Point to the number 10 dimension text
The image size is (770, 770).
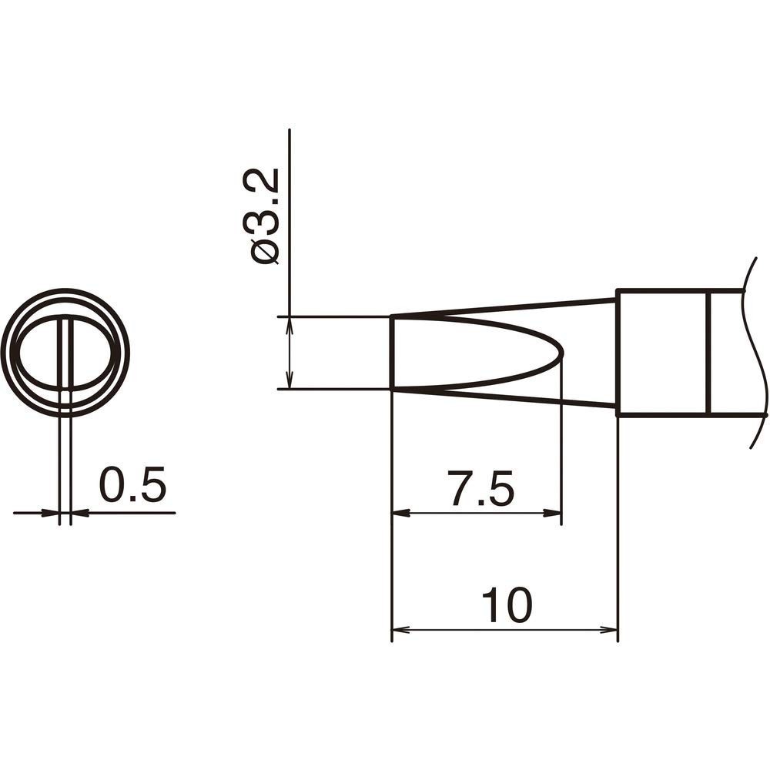pyautogui.click(x=506, y=606)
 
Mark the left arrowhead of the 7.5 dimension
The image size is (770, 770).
pyautogui.click(x=400, y=513)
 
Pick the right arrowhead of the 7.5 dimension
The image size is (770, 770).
pyautogui.click(x=554, y=513)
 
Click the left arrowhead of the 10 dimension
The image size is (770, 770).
pyautogui.click(x=400, y=630)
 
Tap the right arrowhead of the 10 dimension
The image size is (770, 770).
pyautogui.click(x=609, y=630)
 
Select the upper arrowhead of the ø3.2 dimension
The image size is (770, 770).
pyautogui.click(x=290, y=326)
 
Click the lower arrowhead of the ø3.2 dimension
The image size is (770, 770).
pyautogui.click(x=290, y=380)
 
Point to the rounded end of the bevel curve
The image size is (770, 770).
pyautogui.click(x=561, y=352)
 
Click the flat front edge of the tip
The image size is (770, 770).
pyautogui.click(x=393, y=352)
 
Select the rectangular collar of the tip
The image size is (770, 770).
pyautogui.click(x=662, y=353)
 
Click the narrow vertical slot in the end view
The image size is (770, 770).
pyautogui.click(x=65, y=353)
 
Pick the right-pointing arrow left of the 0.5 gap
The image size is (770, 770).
pyautogui.click(x=51, y=513)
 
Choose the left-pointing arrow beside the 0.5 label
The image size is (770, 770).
pyautogui.click(x=80, y=513)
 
